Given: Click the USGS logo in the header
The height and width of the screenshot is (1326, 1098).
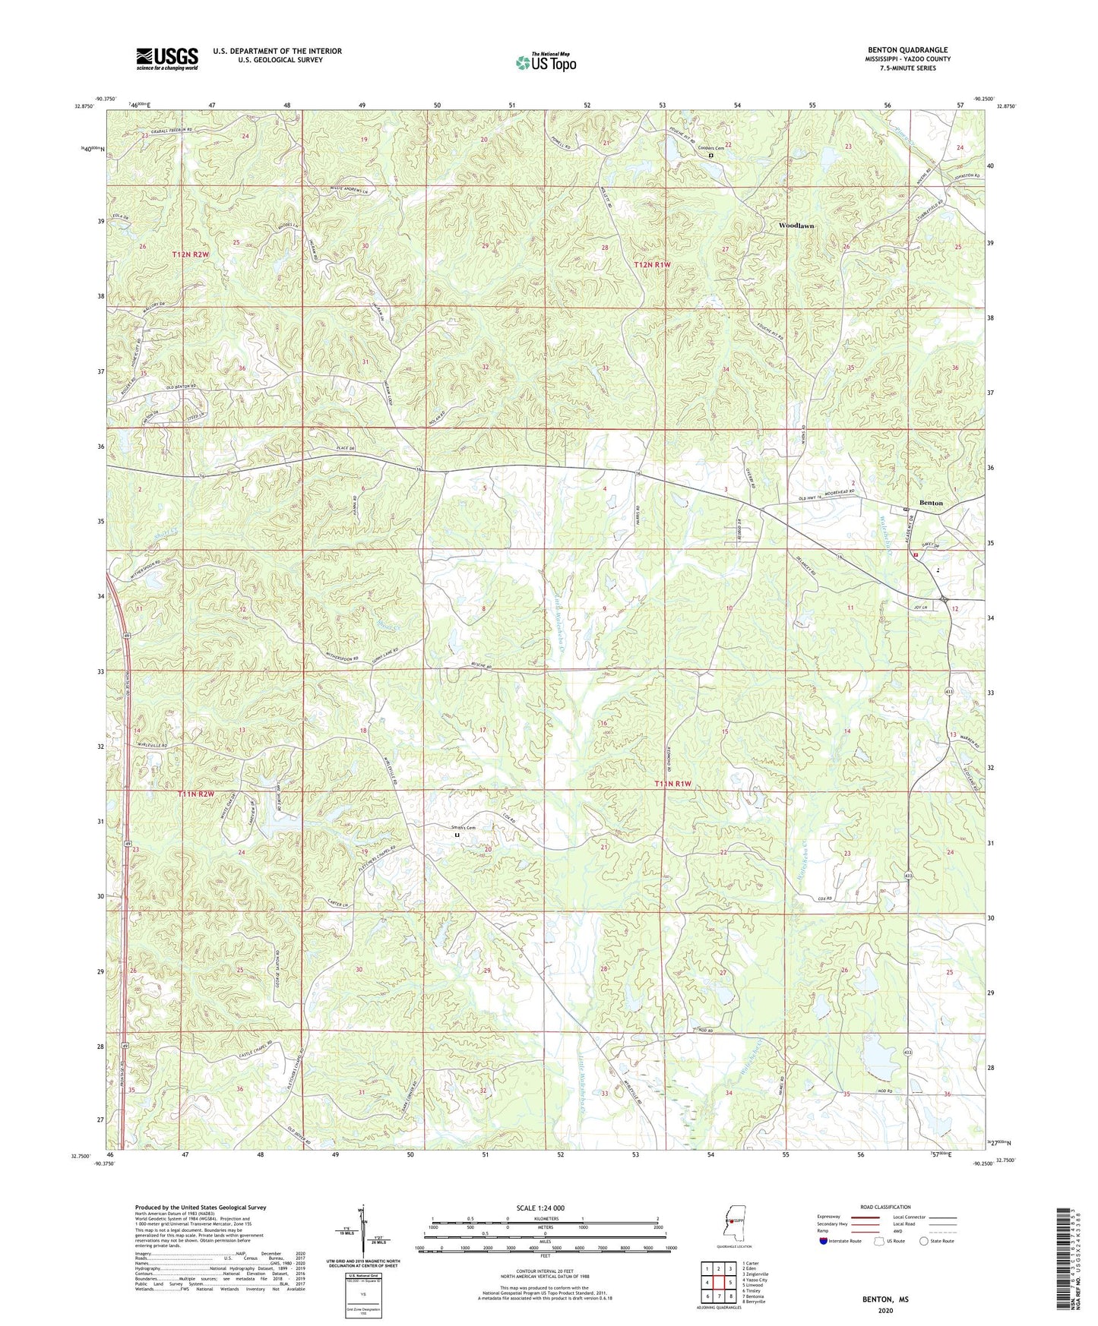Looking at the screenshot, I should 167,58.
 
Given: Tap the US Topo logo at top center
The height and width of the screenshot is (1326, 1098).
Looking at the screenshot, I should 546,62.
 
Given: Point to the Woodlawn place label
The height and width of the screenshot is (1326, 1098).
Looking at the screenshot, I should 796,226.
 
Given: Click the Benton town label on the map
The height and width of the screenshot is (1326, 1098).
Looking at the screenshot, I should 931,503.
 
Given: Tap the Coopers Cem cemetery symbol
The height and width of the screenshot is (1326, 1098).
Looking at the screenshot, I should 711,155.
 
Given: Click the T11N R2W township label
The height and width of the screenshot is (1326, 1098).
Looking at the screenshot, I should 196,794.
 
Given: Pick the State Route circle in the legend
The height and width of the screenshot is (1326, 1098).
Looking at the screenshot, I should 924,1241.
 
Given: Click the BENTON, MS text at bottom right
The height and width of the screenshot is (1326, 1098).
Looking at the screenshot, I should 884,1299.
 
